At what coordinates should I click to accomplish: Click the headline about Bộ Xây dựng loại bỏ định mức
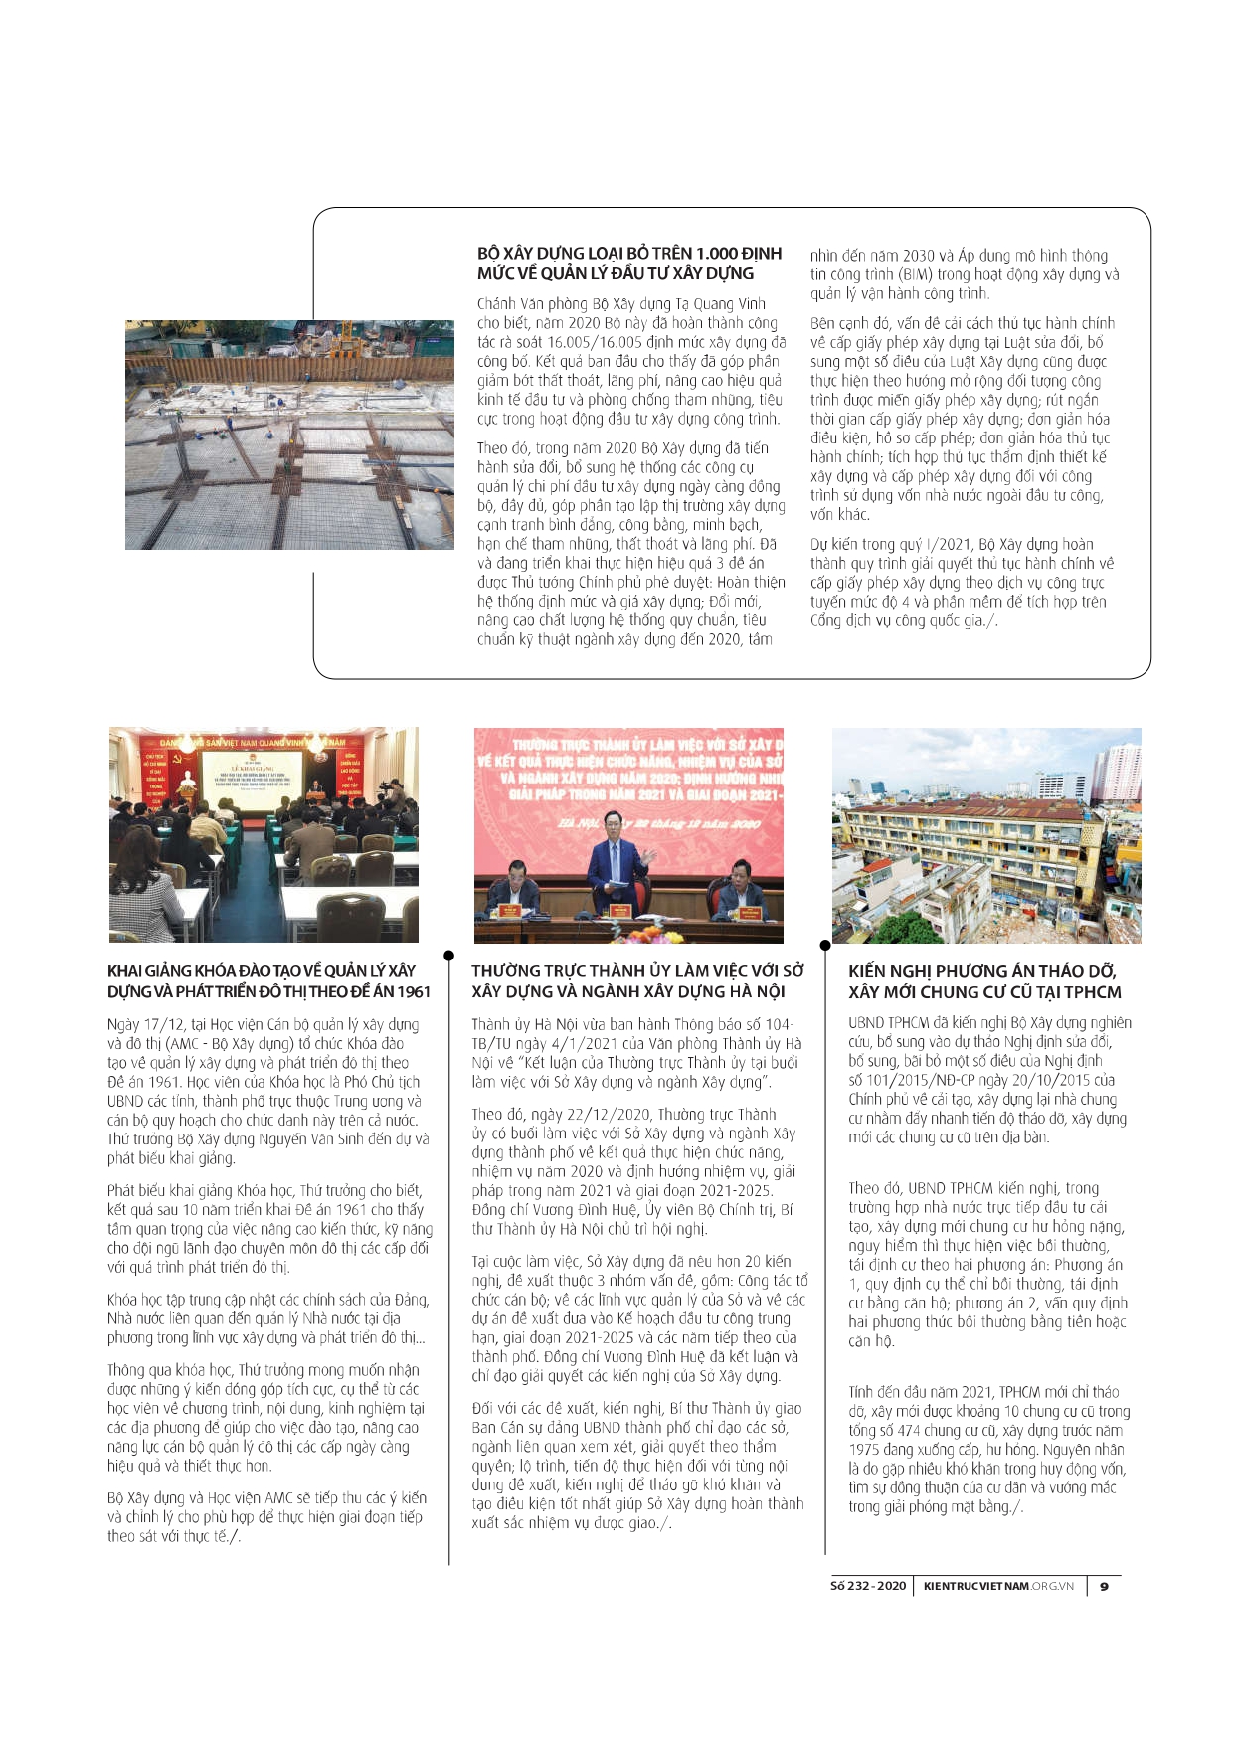629,263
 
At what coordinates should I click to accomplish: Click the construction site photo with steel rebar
289,435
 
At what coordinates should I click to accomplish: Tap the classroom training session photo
264,834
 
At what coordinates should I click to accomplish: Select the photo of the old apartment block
986,835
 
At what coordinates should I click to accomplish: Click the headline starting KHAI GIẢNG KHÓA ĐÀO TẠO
268,981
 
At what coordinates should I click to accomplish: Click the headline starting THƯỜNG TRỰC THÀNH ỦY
637,981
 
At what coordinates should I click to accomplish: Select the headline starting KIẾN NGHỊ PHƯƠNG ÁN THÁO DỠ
983,981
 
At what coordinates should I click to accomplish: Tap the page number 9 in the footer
1104,1586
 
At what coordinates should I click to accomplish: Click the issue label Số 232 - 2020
868,1586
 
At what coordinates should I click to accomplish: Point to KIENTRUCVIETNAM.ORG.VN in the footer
998,1586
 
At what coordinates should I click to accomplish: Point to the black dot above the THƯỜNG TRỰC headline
449,955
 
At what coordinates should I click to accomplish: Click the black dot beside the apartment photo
824,944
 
